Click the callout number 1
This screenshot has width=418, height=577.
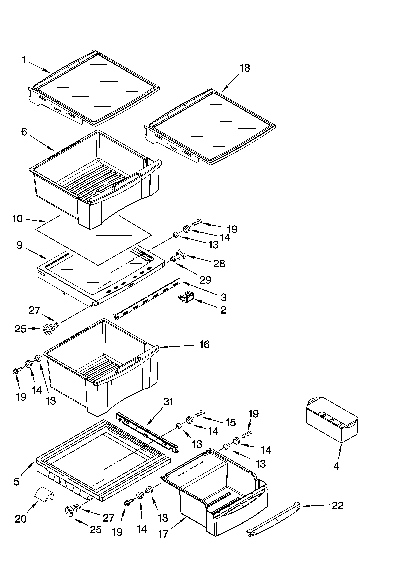tap(24, 60)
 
